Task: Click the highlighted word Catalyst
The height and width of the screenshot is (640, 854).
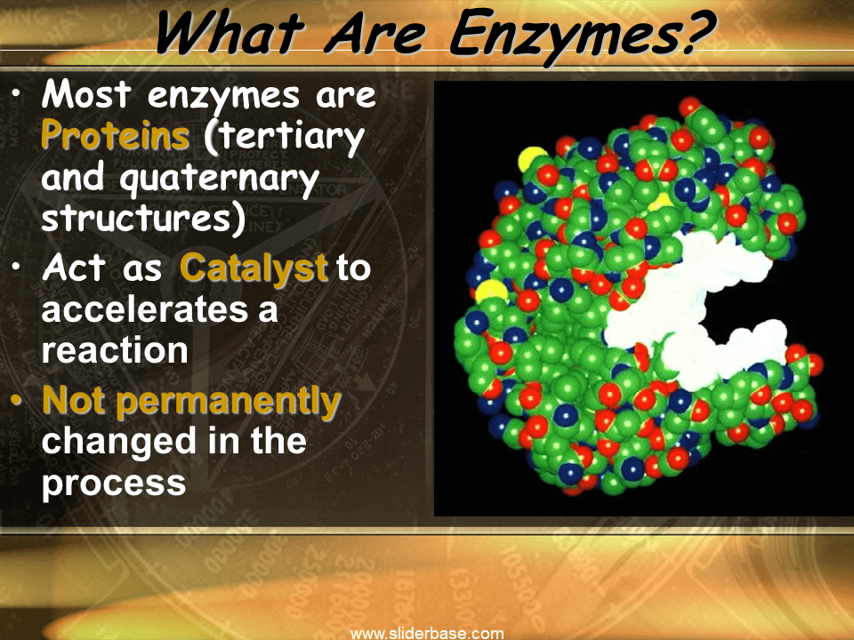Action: pos(254,268)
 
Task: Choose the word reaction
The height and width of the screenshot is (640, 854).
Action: pos(115,350)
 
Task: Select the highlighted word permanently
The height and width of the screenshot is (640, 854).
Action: pos(229,401)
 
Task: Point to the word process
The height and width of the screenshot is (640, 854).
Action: pos(114,484)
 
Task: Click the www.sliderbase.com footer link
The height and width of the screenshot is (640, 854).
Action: pos(427,633)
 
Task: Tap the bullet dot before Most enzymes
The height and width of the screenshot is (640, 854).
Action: pos(20,93)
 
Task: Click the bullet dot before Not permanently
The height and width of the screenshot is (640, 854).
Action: pos(20,401)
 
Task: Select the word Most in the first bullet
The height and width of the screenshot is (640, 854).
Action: pos(84,95)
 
